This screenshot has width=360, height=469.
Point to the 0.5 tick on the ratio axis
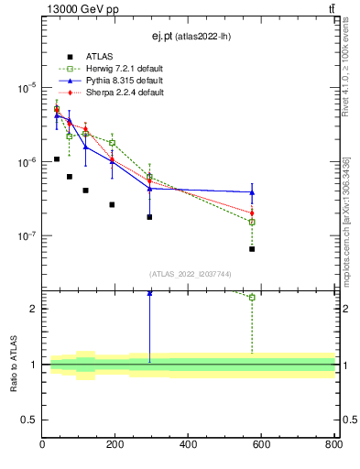(29, 420)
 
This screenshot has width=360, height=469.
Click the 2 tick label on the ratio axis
(34, 309)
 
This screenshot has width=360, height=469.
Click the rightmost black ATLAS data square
(252, 249)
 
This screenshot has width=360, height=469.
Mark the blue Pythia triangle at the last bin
(252, 192)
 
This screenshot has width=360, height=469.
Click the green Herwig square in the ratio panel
(252, 297)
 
